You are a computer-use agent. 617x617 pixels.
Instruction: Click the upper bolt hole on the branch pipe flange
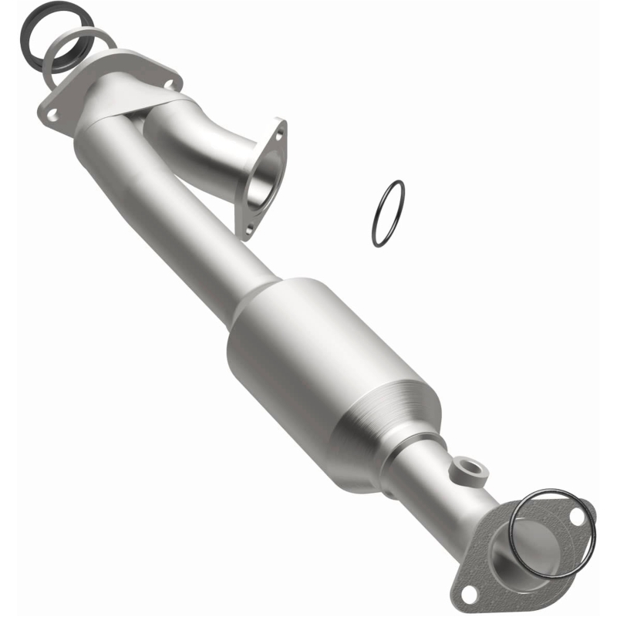tap(279, 131)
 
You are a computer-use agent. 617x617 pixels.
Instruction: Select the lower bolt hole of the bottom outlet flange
tap(467, 592)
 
